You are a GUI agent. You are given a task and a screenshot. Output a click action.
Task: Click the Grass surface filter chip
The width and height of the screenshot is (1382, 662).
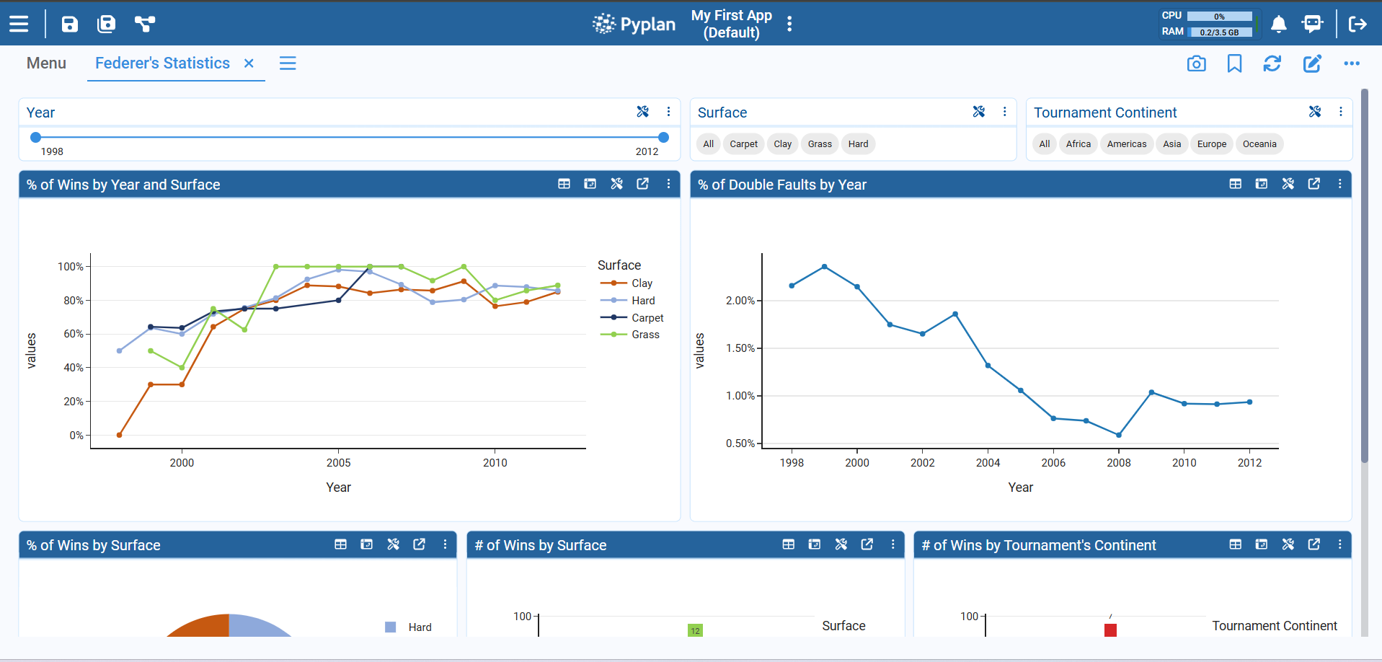(x=820, y=144)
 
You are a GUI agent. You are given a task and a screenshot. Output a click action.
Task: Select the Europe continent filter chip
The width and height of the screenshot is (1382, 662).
(x=1211, y=144)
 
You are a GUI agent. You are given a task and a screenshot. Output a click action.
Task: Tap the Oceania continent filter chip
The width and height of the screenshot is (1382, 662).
(x=1259, y=144)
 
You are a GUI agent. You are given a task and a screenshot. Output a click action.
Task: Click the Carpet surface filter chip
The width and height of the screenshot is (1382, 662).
(x=743, y=144)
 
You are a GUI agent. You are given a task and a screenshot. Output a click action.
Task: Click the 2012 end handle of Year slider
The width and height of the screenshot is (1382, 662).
(x=663, y=137)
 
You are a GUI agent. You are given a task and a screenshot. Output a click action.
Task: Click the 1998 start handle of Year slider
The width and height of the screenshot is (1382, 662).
(x=35, y=137)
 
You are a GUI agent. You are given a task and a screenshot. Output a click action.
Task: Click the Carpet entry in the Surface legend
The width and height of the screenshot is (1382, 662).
(x=647, y=318)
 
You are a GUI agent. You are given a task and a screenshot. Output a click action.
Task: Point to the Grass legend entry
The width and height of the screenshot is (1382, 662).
(x=645, y=335)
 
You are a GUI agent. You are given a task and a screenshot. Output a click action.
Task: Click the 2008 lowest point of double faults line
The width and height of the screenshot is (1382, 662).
(x=1118, y=435)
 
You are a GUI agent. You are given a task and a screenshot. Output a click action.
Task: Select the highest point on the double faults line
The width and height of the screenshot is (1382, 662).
(x=824, y=267)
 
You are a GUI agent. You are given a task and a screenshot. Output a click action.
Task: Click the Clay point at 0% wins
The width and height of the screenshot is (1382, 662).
(x=119, y=435)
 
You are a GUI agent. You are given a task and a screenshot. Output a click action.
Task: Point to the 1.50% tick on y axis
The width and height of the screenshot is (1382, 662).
(x=740, y=348)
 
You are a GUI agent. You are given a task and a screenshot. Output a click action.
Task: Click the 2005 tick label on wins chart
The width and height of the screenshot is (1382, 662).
(x=338, y=463)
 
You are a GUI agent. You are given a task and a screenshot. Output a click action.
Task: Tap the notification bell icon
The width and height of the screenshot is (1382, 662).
(x=1278, y=25)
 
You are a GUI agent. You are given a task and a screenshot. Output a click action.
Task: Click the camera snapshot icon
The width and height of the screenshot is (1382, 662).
(x=1196, y=63)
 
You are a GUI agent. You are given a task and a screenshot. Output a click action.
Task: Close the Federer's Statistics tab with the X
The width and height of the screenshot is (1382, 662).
(x=249, y=63)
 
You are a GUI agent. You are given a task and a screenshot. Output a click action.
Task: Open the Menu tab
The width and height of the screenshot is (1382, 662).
(x=46, y=63)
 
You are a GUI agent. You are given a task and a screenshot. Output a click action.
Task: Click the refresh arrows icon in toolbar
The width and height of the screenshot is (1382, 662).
(x=1272, y=63)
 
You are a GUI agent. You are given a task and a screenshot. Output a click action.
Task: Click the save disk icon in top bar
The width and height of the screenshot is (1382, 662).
(x=69, y=25)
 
